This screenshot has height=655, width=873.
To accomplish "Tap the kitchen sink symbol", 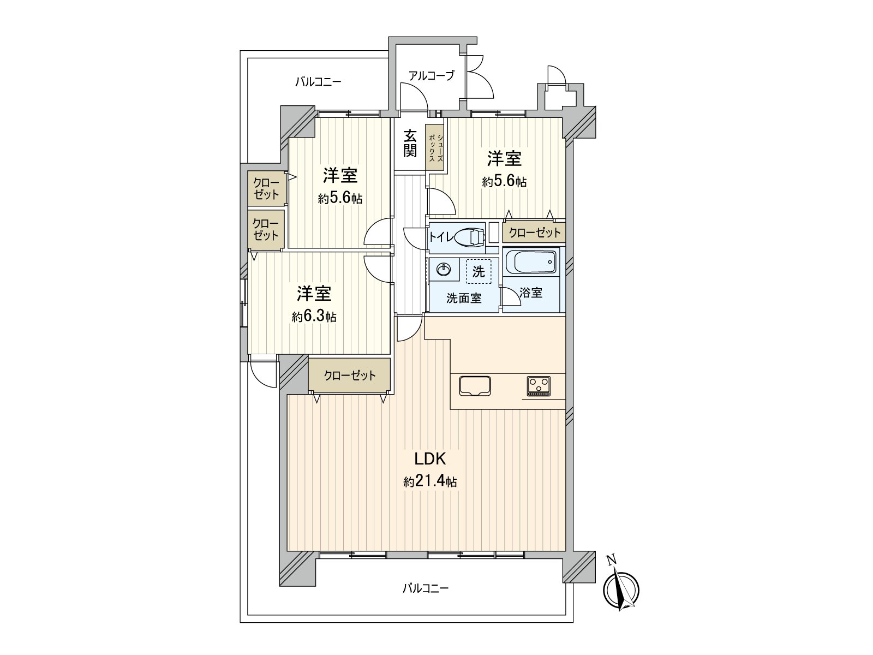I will [x=475, y=386].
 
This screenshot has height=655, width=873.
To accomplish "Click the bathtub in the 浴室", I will [x=530, y=263].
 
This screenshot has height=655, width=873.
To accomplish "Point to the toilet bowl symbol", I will [x=468, y=236].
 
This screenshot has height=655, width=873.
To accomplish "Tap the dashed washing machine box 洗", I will [x=479, y=271].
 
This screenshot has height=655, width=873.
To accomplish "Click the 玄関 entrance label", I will [x=410, y=144].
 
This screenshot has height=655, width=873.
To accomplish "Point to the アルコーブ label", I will [x=431, y=76].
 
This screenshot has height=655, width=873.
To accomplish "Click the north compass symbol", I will [x=621, y=588].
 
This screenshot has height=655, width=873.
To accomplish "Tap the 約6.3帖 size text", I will [x=314, y=317].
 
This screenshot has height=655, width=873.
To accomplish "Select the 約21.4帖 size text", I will [x=430, y=481].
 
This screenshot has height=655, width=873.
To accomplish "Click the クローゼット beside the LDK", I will [x=349, y=375].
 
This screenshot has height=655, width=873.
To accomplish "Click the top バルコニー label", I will [x=318, y=82].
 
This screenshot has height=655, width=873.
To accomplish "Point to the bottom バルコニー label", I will [x=426, y=588].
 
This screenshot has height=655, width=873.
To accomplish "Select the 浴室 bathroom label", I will [x=531, y=293].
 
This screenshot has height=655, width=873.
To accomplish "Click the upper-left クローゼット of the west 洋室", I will [x=266, y=189].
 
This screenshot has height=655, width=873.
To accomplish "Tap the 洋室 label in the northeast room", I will [x=504, y=159].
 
